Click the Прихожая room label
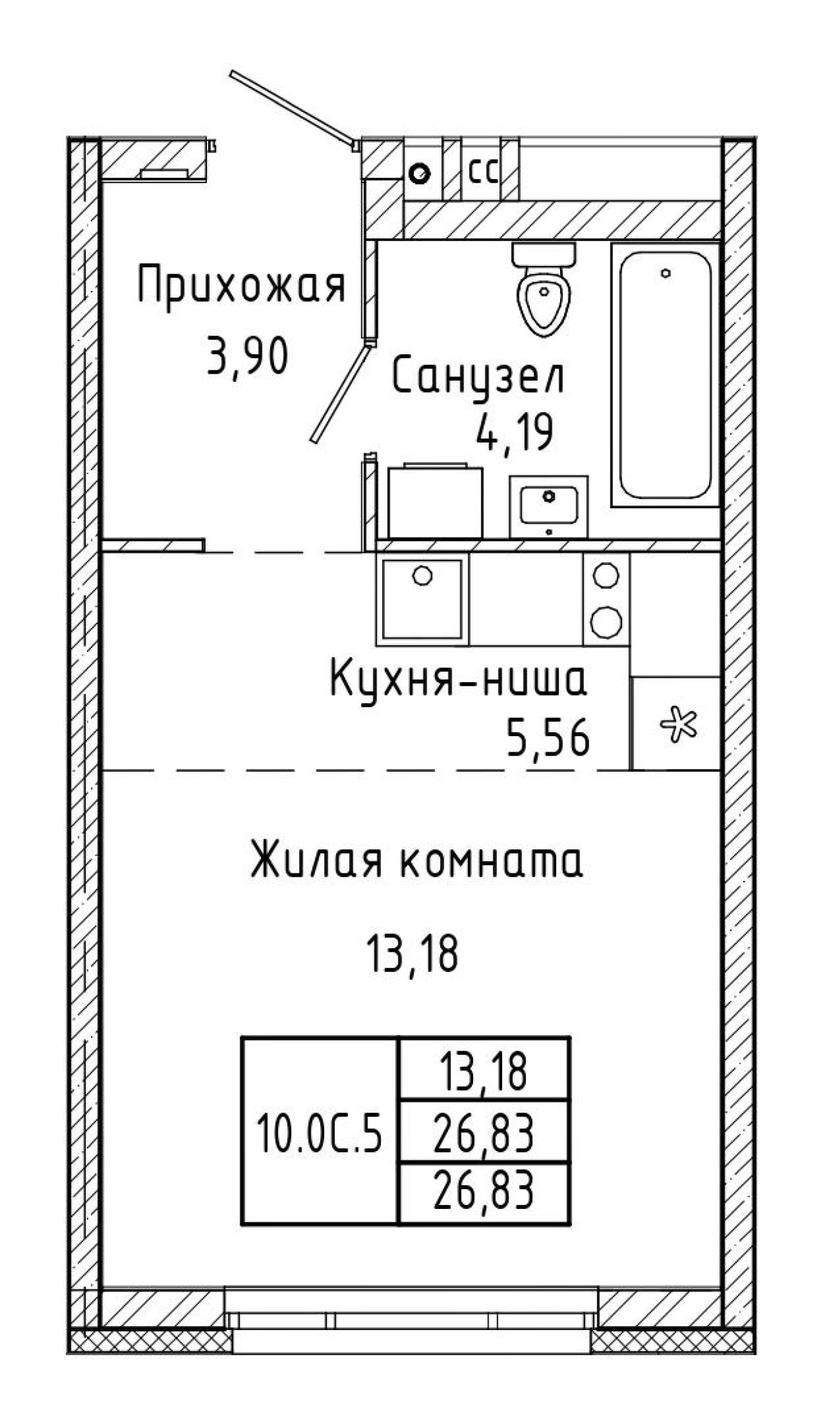tap(242, 287)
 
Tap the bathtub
tap(665, 374)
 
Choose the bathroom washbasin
tap(548, 507)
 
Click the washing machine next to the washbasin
tap(435, 501)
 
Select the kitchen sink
tap(422, 598)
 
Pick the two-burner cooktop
tap(607, 598)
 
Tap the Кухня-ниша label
tap(458, 680)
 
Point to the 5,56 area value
tap(548, 739)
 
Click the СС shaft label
tap(483, 173)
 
